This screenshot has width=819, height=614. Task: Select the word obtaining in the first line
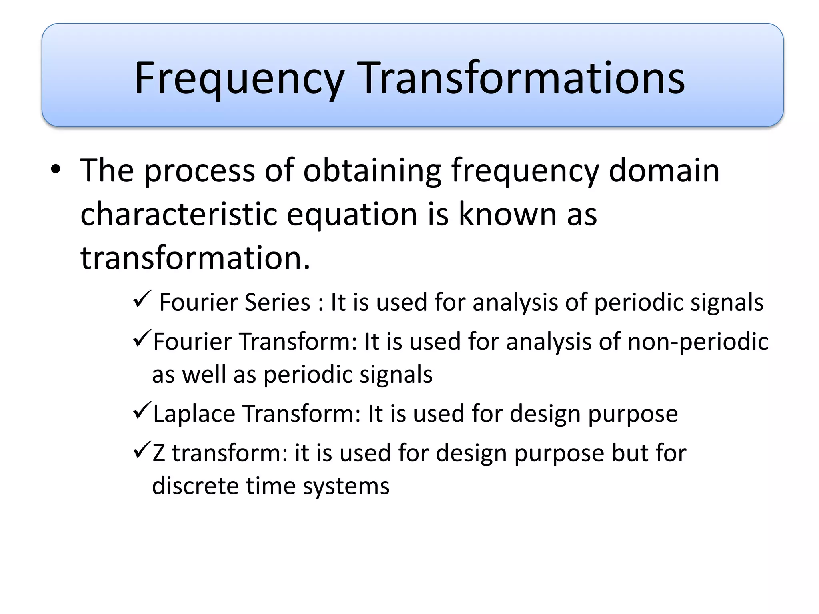(372, 171)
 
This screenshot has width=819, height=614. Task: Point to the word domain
(664, 170)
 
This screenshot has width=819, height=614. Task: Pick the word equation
(352, 215)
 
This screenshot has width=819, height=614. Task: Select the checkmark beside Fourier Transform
(142, 338)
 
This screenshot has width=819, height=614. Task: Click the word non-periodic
(698, 342)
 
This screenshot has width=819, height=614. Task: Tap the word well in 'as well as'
(204, 375)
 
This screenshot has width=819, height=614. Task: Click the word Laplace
(194, 414)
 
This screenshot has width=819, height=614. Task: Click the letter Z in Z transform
(159, 453)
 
